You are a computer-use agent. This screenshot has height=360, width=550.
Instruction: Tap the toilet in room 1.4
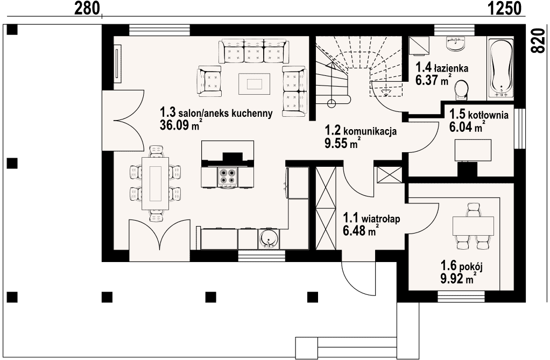coord(461,90)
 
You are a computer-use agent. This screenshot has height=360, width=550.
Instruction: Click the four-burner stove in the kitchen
coord(227,176)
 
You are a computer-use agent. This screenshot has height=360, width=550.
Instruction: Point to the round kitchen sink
coord(269,239)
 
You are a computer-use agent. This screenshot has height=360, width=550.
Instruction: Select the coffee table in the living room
coord(255,84)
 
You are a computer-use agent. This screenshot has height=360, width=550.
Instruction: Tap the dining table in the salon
coord(156,183)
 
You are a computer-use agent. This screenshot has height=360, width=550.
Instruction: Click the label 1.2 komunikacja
coord(361,131)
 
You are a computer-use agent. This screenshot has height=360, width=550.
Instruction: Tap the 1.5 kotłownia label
coord(479,115)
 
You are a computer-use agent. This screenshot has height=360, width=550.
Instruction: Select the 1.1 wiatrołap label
coord(371,218)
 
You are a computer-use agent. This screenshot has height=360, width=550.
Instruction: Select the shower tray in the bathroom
coord(420,46)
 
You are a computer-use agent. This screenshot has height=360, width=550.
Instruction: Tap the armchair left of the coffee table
coord(210,81)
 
